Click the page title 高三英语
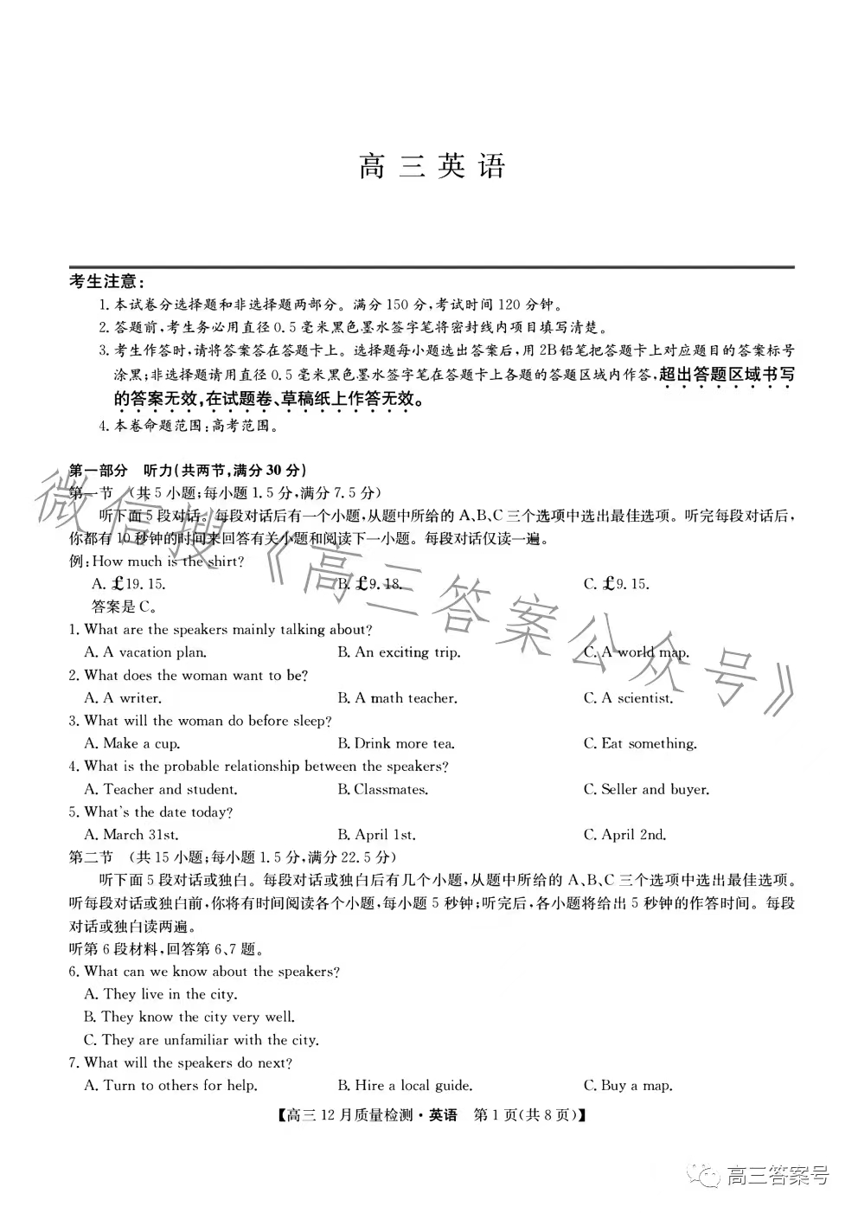click(x=432, y=166)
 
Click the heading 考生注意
click(x=107, y=282)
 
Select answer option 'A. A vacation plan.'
click(x=145, y=652)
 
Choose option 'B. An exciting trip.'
click(x=399, y=652)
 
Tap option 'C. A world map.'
click(x=636, y=652)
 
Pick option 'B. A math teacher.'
click(x=397, y=698)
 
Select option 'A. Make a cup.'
click(x=132, y=743)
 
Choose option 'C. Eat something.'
click(x=640, y=743)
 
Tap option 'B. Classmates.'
click(x=383, y=789)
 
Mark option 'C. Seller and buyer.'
click(x=646, y=789)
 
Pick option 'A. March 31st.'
click(x=131, y=835)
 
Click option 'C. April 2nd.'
click(x=624, y=835)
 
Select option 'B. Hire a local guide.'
click(x=405, y=1085)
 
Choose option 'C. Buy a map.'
click(x=628, y=1085)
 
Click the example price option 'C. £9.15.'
click(x=616, y=584)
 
